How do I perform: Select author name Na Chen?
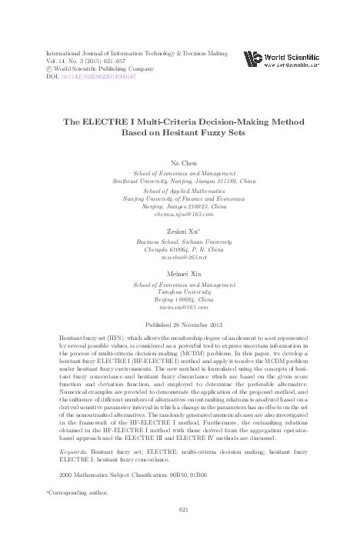click(179, 163)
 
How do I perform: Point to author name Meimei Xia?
click(179, 273)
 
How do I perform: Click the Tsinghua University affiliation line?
click(179, 292)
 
